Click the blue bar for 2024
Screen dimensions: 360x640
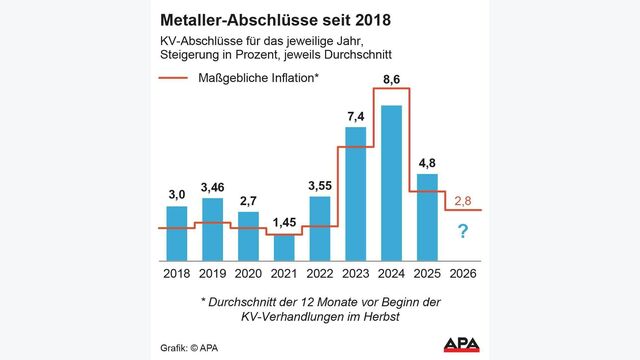[391, 180]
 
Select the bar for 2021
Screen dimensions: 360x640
[284, 245]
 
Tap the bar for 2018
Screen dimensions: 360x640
[177, 231]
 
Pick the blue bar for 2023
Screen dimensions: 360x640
[355, 191]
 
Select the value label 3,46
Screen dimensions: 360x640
[213, 186]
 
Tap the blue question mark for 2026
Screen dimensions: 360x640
[462, 234]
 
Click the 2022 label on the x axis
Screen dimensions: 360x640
[320, 272]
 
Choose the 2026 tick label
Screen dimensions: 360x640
[462, 272]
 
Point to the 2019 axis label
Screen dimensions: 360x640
[213, 272]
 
